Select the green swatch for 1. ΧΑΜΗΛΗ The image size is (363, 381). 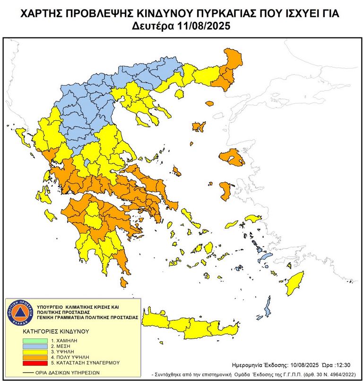pyautogui.click(x=35, y=341)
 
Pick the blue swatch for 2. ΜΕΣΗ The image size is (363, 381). pyautogui.click(x=35, y=346)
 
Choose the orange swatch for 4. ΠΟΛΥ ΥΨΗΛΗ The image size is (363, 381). pyautogui.click(x=35, y=357)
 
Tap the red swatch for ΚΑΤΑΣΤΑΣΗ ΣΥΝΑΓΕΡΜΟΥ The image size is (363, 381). pyautogui.click(x=35, y=363)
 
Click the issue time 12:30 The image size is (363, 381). pyautogui.click(x=342, y=365)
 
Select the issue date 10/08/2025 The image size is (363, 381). pyautogui.click(x=303, y=365)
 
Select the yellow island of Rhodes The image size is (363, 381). pyautogui.click(x=295, y=283)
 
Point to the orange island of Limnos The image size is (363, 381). pyautogui.click(x=199, y=126)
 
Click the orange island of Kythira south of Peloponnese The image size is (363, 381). pyautogui.click(x=124, y=283)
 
